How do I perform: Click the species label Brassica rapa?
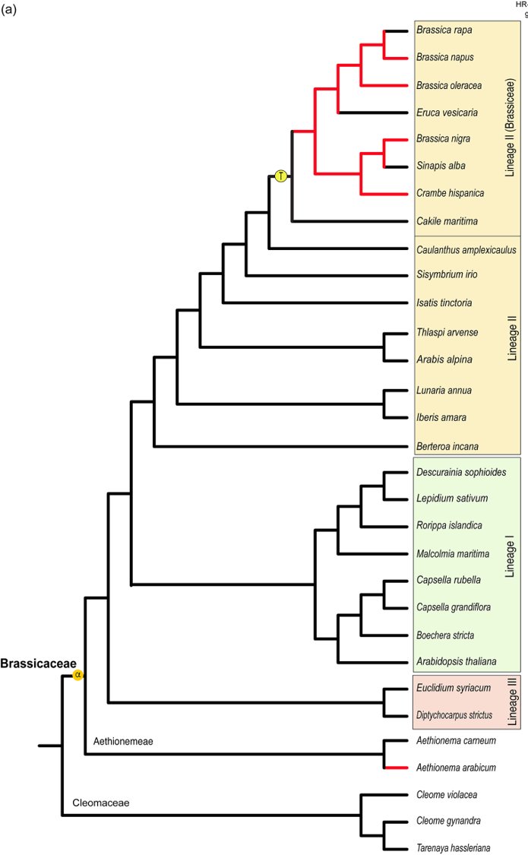tap(444, 30)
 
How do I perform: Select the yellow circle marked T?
tap(280, 176)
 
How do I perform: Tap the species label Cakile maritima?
tap(447, 221)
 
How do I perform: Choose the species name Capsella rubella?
tap(448, 580)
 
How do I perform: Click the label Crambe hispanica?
tap(450, 193)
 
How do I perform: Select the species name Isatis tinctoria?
tap(444, 302)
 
